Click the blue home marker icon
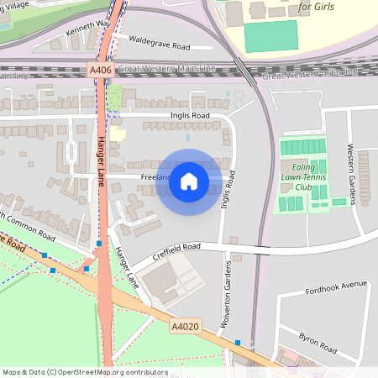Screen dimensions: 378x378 coord(189,181)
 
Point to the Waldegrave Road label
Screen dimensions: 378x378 coord(160,44)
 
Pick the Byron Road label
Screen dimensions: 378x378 coord(318,343)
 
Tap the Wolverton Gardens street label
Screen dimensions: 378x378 coord(227,286)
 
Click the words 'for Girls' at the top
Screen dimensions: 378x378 coord(315,8)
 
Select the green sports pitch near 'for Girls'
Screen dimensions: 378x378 coord(270,36)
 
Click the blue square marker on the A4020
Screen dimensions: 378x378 coord(238,342)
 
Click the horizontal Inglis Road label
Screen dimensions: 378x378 coord(188,116)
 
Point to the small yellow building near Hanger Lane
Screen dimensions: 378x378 coord(118,134)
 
